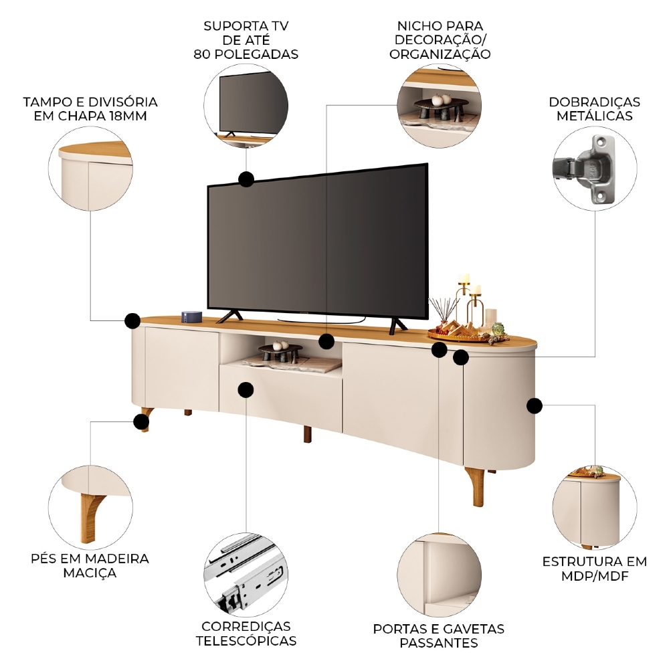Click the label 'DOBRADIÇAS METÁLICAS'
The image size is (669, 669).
(x=594, y=109)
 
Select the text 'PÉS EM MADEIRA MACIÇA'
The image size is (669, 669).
(x=90, y=565)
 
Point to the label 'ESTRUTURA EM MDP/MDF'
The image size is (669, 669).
(x=595, y=568)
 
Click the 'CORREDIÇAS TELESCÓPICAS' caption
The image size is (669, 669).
(x=246, y=634)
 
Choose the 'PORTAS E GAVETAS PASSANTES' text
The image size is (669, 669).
(x=439, y=636)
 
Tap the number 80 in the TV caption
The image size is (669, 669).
(x=201, y=54)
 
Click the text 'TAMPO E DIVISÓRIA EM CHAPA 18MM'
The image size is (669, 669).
(x=90, y=109)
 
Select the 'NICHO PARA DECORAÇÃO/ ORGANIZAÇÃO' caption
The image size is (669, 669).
(x=440, y=40)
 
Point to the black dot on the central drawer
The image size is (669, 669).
(x=246, y=389)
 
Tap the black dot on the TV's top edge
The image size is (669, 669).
(x=246, y=179)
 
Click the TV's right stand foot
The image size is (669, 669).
(x=398, y=325)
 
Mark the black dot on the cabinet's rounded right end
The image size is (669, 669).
(x=534, y=405)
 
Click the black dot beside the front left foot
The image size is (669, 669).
(x=140, y=421)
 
